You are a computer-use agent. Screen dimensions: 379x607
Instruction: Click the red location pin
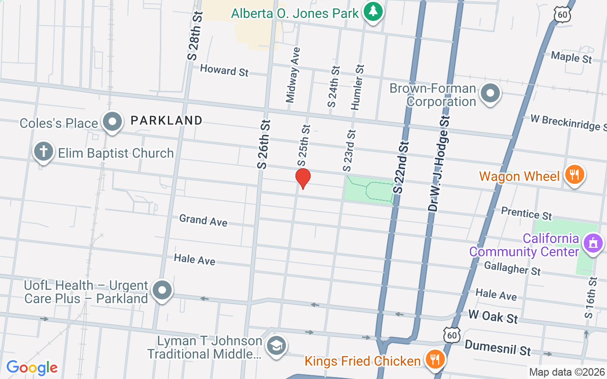pyautogui.click(x=303, y=178)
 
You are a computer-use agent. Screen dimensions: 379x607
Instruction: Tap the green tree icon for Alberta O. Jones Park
pyautogui.click(x=373, y=12)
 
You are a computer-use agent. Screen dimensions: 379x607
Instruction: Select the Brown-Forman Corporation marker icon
pyautogui.click(x=490, y=93)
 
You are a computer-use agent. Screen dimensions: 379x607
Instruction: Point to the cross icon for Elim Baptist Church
pyautogui.click(x=43, y=152)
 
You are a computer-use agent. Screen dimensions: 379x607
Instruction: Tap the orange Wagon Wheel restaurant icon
pyautogui.click(x=574, y=175)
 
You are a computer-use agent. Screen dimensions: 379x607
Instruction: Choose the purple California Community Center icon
pyautogui.click(x=592, y=243)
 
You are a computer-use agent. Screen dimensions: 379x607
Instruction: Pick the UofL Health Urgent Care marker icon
pyautogui.click(x=162, y=290)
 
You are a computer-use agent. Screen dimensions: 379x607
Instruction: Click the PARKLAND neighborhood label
pyautogui.click(x=166, y=121)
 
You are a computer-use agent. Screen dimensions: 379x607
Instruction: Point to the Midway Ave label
pyautogui.click(x=293, y=74)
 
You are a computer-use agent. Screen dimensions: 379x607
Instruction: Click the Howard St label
pyautogui.click(x=224, y=71)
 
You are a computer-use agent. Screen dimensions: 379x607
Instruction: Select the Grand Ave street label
pyautogui.click(x=203, y=220)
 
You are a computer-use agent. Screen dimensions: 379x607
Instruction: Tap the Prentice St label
pyautogui.click(x=526, y=213)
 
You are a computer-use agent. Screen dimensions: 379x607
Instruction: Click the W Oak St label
pyautogui.click(x=493, y=316)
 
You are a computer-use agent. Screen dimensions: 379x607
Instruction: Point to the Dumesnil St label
pyautogui.click(x=497, y=348)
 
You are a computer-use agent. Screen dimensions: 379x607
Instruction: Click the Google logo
pyautogui.click(x=32, y=367)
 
